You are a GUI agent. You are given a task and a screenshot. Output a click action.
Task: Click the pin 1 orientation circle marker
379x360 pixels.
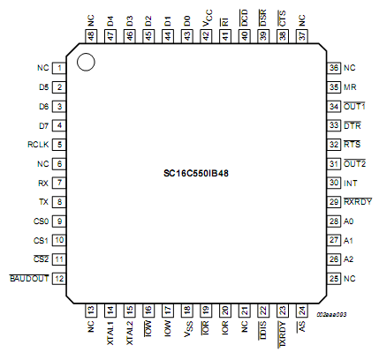tap(86, 62)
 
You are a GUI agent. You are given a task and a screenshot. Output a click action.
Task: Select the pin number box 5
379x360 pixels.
tap(58, 145)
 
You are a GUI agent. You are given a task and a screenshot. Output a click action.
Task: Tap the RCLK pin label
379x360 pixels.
tap(38, 145)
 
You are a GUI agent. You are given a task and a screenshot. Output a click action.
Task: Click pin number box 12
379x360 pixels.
tap(58, 279)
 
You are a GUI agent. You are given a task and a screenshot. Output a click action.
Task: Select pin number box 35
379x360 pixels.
tap(334, 87)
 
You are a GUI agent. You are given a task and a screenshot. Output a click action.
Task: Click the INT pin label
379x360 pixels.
tap(350, 183)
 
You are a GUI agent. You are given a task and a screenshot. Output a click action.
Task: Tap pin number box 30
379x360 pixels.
tap(334, 183)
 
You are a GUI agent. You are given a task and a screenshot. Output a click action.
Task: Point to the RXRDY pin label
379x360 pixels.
tap(355, 202)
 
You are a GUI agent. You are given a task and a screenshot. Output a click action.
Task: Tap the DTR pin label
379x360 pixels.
tap(350, 125)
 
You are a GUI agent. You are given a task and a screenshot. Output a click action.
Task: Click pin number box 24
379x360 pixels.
tap(302, 310)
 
